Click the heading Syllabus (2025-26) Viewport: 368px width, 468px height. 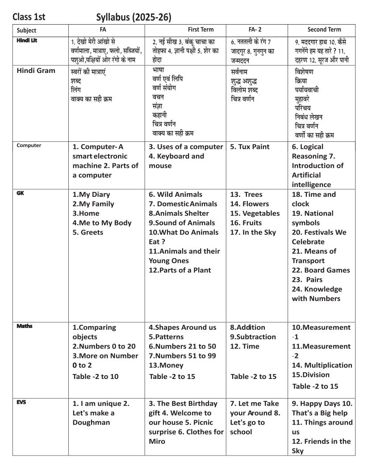[134, 17]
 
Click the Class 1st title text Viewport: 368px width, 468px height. [29, 17]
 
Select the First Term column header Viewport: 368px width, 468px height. [201, 30]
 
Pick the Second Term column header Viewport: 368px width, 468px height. [324, 30]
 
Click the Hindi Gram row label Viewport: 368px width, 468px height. [36, 70]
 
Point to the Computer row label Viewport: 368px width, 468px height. [29, 145]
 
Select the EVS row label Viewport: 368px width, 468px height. [21, 402]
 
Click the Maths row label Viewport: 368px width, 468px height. [25, 326]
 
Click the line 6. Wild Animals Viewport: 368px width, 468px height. [176, 195]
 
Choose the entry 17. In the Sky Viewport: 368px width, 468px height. [253, 232]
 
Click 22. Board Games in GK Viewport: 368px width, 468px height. [321, 270]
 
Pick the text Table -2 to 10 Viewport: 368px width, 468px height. [96, 376]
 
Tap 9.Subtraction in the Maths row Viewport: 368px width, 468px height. [253, 337]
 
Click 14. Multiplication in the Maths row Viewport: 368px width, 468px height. [322, 365]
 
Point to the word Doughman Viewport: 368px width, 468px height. [91, 422]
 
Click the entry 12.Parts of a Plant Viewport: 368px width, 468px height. [180, 270]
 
